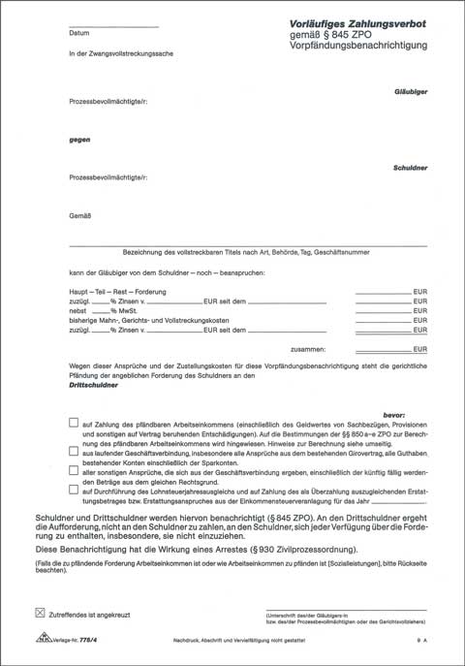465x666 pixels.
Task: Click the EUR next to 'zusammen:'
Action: tap(418, 348)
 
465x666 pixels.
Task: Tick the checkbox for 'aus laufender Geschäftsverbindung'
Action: tap(75, 451)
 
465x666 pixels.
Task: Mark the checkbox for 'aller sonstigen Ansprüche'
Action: tap(75, 469)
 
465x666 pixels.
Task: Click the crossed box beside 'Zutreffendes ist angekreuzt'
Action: tap(40, 613)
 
